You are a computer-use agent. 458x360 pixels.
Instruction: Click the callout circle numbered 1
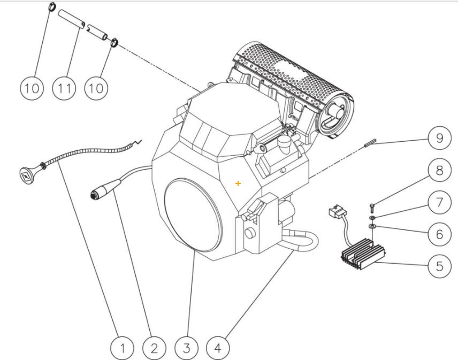[x=123, y=348]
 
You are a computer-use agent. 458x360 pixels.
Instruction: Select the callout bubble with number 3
[x=186, y=348]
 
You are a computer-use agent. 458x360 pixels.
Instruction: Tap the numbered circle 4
[x=218, y=348]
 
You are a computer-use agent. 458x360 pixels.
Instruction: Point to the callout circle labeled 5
[x=439, y=265]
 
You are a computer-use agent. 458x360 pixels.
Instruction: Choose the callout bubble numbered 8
[x=439, y=171]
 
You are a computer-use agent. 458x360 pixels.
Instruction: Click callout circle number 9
[x=439, y=139]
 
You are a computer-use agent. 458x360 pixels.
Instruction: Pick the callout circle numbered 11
[x=64, y=87]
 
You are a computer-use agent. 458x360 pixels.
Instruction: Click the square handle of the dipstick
[x=25, y=173]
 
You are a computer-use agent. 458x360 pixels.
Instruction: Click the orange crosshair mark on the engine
[x=238, y=183]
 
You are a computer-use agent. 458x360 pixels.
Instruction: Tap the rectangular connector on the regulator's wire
[x=335, y=212]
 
